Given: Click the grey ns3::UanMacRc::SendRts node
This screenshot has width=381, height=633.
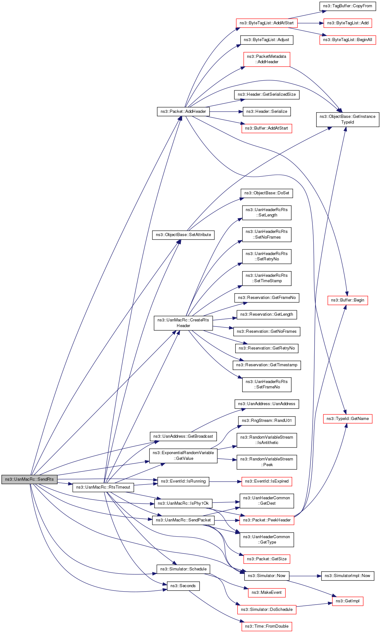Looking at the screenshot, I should (29, 479).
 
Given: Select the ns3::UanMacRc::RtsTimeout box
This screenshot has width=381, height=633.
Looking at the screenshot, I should (103, 487).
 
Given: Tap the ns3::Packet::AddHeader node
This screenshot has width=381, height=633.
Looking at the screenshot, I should (183, 112).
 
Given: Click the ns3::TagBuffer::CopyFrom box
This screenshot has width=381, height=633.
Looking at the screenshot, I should (347, 6).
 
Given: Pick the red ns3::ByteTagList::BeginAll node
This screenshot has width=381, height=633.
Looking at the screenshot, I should (347, 40).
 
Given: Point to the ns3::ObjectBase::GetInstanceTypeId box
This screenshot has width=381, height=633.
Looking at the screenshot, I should (347, 119).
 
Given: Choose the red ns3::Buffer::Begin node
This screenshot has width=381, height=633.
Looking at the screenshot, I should (347, 300).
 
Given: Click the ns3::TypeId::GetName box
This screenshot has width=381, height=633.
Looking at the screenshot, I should (347, 419).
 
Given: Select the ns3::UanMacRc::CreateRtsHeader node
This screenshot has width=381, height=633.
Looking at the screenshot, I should (183, 323).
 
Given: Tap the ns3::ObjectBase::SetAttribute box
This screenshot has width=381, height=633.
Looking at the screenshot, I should (183, 235).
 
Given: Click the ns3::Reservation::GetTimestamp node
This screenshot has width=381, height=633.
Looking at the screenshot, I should (267, 365).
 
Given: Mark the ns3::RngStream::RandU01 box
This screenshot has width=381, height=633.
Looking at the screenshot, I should (267, 421).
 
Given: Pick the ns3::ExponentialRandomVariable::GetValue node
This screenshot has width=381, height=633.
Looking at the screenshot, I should (183, 456).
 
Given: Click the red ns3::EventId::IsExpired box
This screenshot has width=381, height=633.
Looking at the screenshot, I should (267, 481).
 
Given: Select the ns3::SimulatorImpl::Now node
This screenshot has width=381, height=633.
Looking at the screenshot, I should (347, 576).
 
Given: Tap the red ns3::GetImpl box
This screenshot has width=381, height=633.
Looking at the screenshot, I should (347, 601).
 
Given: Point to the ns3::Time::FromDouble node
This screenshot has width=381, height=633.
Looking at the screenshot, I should (267, 626).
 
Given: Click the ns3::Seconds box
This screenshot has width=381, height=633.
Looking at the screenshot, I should (183, 586).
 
